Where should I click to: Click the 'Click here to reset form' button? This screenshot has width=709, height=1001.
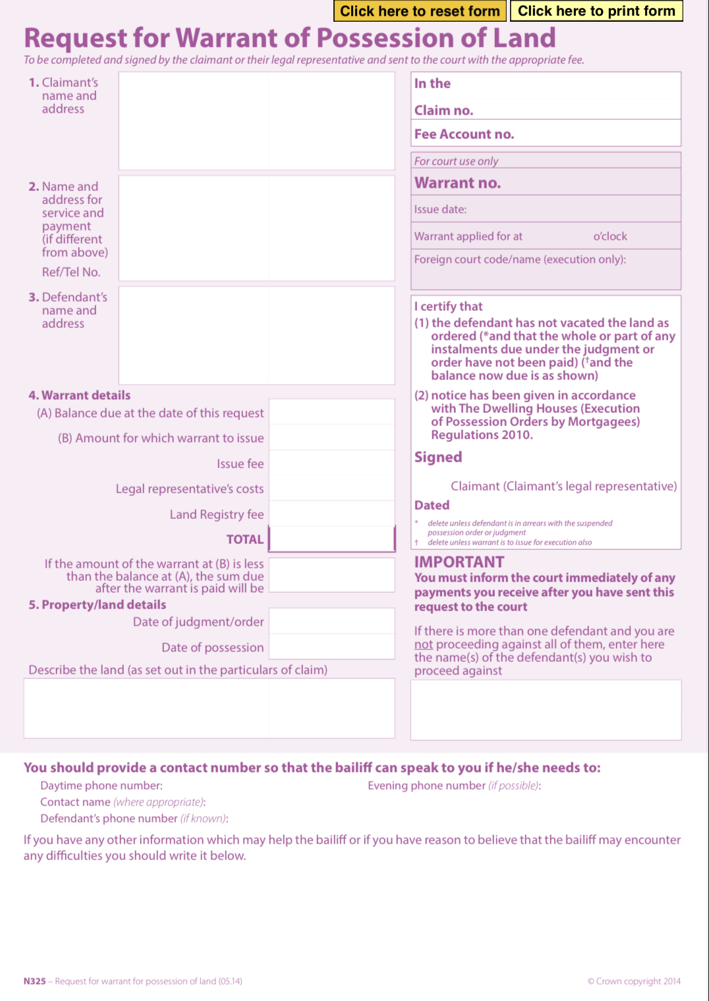pyautogui.click(x=420, y=11)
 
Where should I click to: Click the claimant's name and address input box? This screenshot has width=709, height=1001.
pyautogui.click(x=256, y=121)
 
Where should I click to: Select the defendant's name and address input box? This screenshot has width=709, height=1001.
pyautogui.click(x=256, y=335)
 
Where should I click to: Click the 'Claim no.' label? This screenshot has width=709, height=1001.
pyautogui.click(x=443, y=111)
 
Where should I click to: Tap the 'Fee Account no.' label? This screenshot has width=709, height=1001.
pyautogui.click(x=464, y=134)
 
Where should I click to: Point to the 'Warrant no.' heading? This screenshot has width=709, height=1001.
pyautogui.click(x=457, y=183)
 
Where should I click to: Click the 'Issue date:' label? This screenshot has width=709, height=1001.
pyautogui.click(x=440, y=209)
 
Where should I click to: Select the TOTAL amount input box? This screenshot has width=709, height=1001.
pyautogui.click(x=332, y=539)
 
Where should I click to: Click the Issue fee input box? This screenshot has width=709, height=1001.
pyautogui.click(x=332, y=464)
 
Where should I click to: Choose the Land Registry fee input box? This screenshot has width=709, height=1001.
pyautogui.click(x=332, y=514)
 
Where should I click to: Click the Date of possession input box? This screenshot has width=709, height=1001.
pyautogui.click(x=332, y=647)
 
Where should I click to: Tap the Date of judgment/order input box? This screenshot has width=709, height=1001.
pyautogui.click(x=332, y=621)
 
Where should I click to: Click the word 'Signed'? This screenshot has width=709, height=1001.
pyautogui.click(x=438, y=457)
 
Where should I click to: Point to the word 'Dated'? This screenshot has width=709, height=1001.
pyautogui.click(x=432, y=505)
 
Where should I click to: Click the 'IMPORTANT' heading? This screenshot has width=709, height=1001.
pyautogui.click(x=459, y=562)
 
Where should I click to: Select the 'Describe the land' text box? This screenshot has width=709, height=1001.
pyautogui.click(x=209, y=708)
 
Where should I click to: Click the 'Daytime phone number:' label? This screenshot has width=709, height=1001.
pyautogui.click(x=101, y=786)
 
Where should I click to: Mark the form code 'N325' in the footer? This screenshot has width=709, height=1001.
pyautogui.click(x=35, y=981)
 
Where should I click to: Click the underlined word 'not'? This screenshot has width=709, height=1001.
pyautogui.click(x=424, y=645)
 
